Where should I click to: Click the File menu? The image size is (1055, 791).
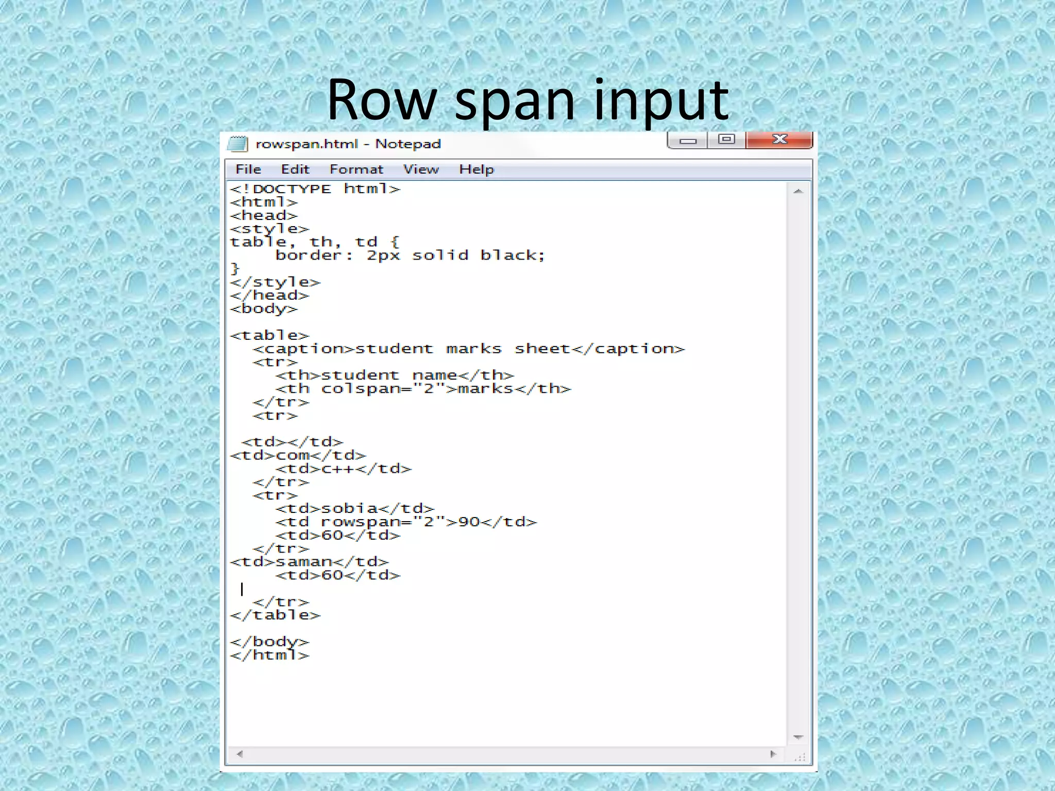point(248,169)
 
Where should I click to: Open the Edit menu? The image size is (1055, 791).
point(295,169)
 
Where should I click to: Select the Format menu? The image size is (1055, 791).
point(356,169)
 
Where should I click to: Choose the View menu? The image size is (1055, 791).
point(421,169)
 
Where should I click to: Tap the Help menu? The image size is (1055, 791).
point(477,169)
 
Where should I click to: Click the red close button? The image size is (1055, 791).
point(779,140)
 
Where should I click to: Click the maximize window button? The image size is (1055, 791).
point(726,140)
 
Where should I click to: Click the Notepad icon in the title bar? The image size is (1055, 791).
point(237,144)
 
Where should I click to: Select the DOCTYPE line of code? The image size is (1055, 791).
point(315,189)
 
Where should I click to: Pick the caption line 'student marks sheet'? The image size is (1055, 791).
point(469,349)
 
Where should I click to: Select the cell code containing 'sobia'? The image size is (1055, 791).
point(355,508)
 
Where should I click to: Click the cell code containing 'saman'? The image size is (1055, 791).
point(309,561)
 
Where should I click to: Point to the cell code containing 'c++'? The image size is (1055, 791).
point(344,469)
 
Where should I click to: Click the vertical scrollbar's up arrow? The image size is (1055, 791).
point(798,192)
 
